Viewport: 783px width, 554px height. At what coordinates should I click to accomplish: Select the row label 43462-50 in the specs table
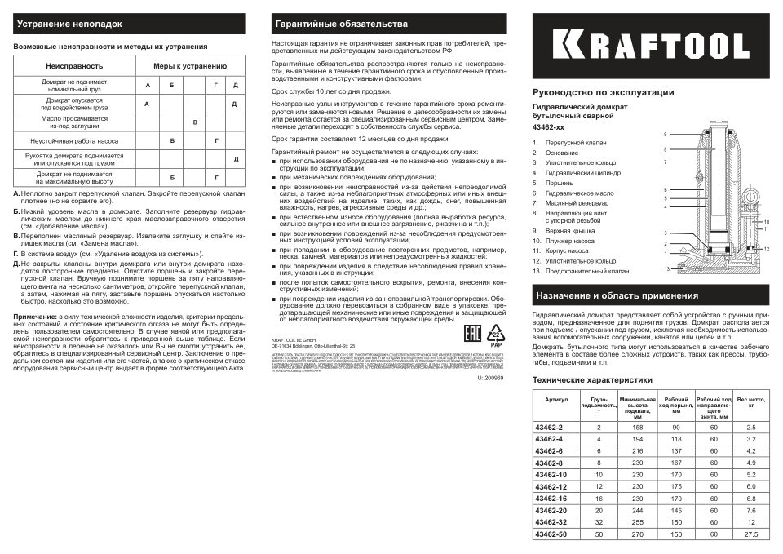[549, 534]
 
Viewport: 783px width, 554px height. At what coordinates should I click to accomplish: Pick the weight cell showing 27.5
[751, 534]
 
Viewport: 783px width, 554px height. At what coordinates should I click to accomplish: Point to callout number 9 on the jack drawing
[666, 134]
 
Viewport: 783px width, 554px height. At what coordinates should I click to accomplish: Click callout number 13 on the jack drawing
[666, 268]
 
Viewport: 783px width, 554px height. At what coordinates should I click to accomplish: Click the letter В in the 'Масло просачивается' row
[194, 122]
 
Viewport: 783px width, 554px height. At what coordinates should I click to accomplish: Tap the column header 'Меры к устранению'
[190, 64]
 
